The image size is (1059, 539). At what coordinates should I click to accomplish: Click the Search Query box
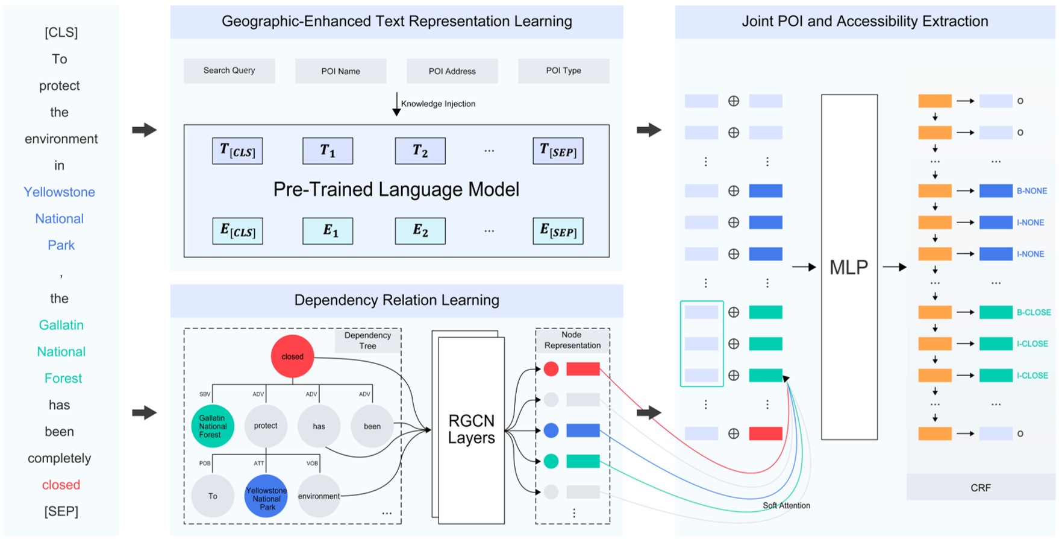[229, 71]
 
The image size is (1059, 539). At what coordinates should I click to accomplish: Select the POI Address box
[452, 71]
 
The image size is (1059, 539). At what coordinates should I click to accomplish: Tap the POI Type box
[563, 71]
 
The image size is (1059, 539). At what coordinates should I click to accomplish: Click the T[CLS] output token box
[237, 151]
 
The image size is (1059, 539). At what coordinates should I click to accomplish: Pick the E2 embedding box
[420, 231]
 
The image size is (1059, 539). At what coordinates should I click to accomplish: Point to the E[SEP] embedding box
[558, 231]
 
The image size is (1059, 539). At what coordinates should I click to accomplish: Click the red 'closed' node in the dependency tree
[292, 356]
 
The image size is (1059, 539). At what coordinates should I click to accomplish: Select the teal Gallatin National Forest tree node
[213, 426]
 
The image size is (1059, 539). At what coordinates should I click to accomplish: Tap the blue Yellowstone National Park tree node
[266, 496]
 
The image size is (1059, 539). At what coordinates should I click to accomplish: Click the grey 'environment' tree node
[319, 496]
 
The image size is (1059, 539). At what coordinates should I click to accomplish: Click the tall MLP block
[849, 267]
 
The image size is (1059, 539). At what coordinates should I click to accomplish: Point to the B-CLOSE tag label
[1034, 312]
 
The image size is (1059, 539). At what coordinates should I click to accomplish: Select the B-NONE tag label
[1032, 191]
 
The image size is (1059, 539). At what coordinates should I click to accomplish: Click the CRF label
[980, 488]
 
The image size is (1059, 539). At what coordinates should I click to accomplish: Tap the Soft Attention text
[786, 505]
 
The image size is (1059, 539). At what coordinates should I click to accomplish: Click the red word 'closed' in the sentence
[61, 485]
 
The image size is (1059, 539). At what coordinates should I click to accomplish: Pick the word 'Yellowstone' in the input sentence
[59, 192]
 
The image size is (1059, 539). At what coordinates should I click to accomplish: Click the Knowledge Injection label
[438, 104]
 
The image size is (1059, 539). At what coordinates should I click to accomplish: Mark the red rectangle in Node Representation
[583, 369]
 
